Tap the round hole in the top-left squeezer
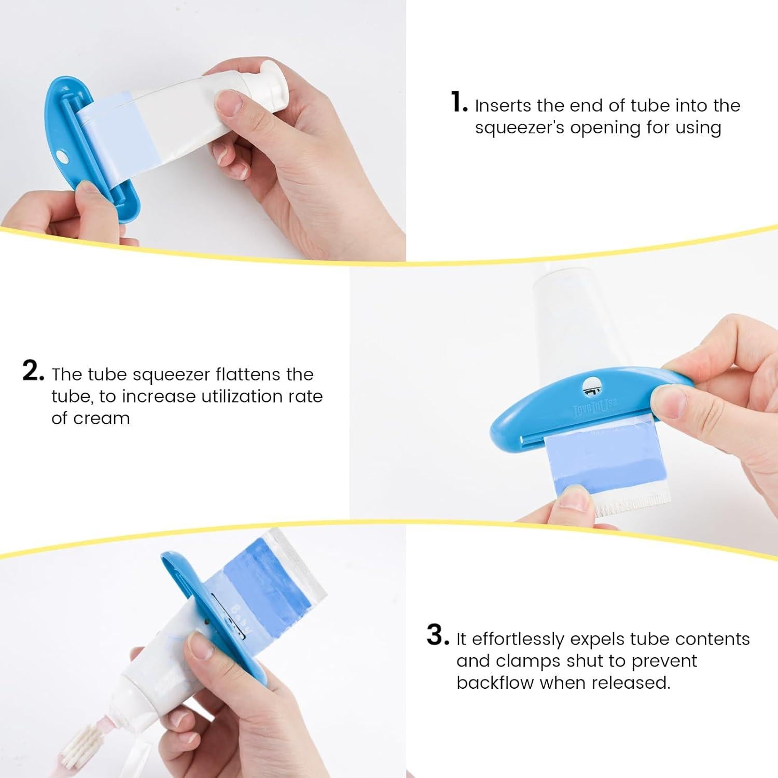tap(62, 156)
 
